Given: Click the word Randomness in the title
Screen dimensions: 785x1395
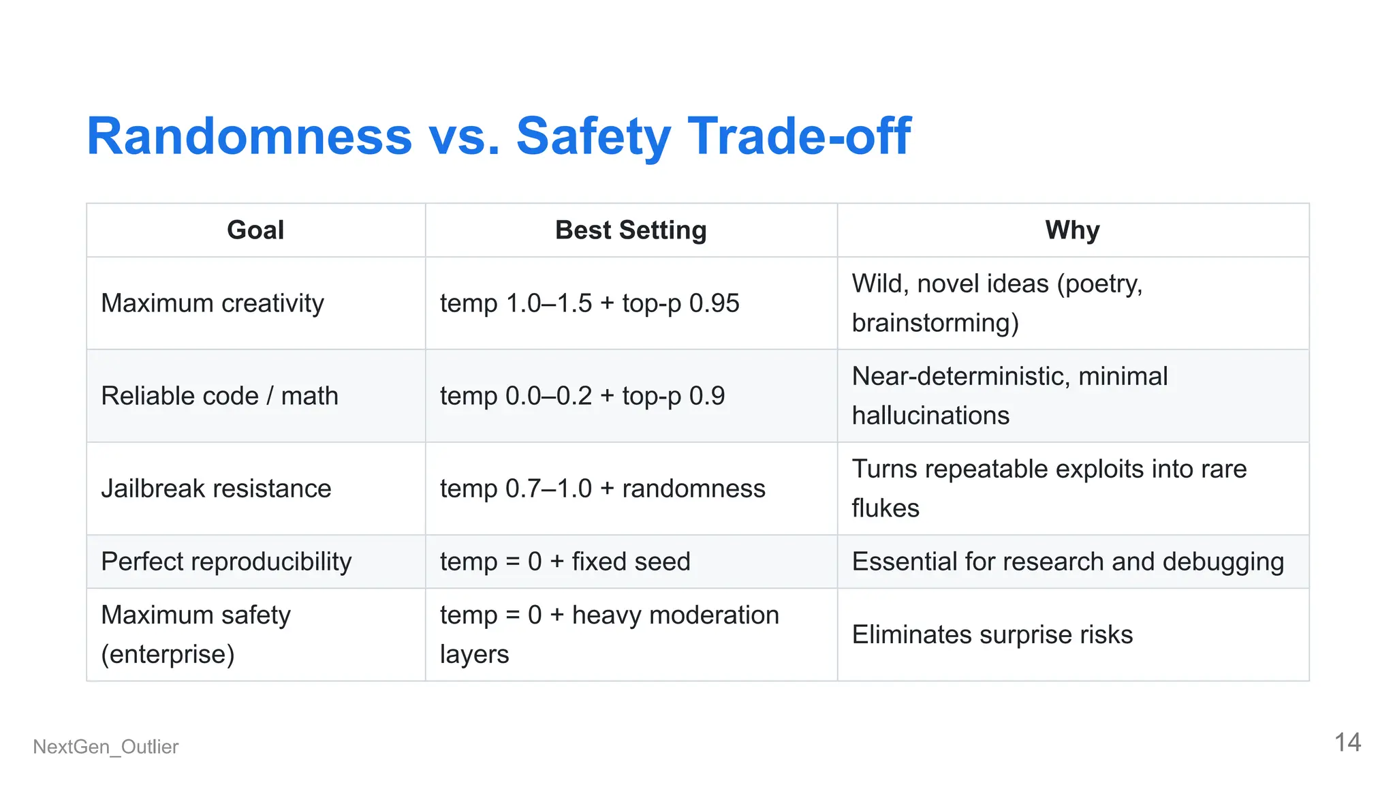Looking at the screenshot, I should pyautogui.click(x=249, y=136).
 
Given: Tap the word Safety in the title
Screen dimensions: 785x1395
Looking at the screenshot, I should pyautogui.click(x=593, y=136).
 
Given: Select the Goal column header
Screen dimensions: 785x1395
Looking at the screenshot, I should pyautogui.click(x=255, y=230).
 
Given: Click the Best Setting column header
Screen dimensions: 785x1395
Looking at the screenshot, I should pyautogui.click(x=631, y=230).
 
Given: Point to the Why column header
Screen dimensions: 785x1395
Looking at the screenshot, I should pyautogui.click(x=1072, y=230).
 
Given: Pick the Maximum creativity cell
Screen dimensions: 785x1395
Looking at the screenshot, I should pyautogui.click(x=213, y=303).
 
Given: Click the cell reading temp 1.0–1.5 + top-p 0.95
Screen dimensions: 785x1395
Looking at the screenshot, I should pyautogui.click(x=589, y=303).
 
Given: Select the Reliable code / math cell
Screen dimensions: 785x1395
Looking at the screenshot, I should pyautogui.click(x=219, y=396).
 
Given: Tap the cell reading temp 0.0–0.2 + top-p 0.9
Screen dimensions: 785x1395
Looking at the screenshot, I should pyautogui.click(x=582, y=396).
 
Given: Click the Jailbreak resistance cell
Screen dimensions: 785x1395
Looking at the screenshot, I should pyautogui.click(x=216, y=489).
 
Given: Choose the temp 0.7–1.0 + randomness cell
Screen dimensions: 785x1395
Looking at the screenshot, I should pyautogui.click(x=602, y=489).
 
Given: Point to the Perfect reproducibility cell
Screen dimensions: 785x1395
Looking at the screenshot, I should pyautogui.click(x=226, y=561).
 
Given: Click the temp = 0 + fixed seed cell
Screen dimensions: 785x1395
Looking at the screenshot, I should pyautogui.click(x=565, y=561).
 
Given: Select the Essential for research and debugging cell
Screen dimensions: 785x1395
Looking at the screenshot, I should pyautogui.click(x=1067, y=561).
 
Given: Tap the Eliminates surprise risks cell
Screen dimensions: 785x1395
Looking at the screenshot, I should pyautogui.click(x=992, y=634).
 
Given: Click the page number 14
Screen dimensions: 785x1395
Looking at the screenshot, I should pyautogui.click(x=1347, y=742).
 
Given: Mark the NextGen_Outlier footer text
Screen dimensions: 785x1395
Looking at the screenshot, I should pyautogui.click(x=106, y=747).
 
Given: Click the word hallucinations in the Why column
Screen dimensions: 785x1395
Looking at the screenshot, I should pyautogui.click(x=930, y=416).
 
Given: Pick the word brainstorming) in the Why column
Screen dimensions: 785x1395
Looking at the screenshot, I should pyautogui.click(x=935, y=323).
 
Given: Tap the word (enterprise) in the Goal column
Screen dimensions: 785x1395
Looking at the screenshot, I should pyautogui.click(x=168, y=654).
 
